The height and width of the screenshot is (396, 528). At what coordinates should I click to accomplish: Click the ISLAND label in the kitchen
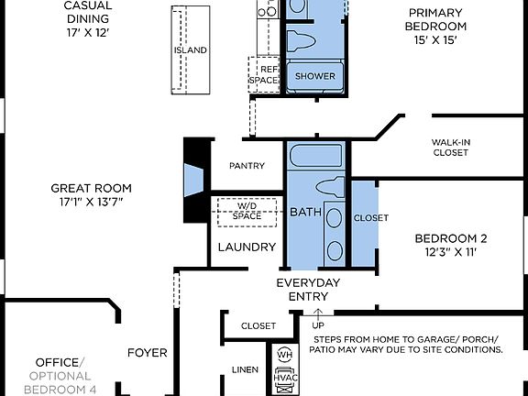(190, 49)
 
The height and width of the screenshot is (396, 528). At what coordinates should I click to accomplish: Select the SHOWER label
(314, 76)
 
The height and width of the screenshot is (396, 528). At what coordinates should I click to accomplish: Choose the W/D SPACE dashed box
(247, 211)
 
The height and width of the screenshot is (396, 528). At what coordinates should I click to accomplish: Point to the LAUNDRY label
(247, 247)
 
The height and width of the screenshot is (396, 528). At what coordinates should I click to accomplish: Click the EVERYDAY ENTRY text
(308, 290)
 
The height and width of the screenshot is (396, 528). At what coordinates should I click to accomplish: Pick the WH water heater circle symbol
(284, 355)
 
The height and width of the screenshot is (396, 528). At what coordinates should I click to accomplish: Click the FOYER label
(147, 352)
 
